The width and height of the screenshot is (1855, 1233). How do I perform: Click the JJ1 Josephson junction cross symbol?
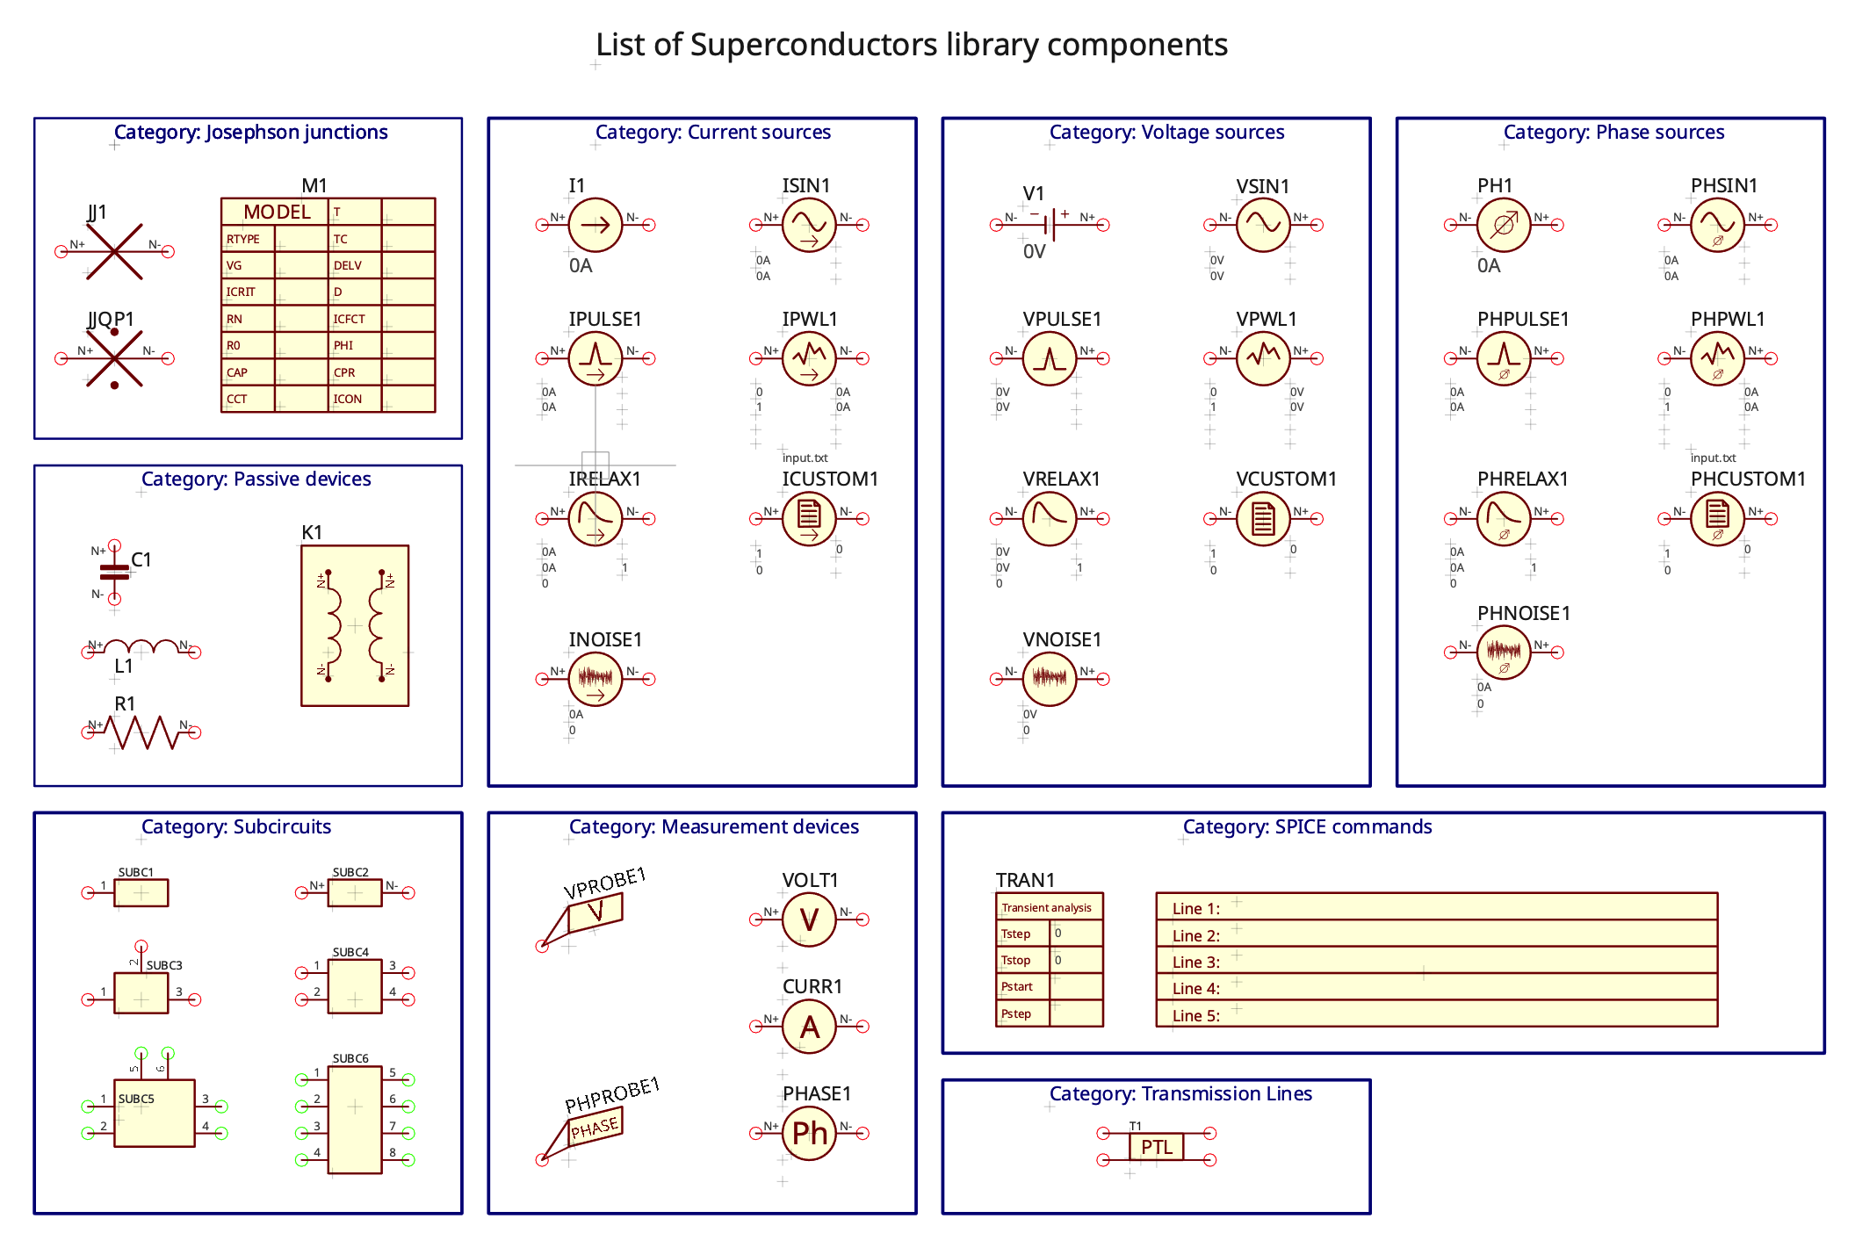114,251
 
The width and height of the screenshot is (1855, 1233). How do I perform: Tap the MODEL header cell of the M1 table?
276,212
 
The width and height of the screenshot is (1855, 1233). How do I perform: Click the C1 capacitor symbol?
114,573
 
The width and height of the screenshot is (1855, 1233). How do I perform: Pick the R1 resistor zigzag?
143,732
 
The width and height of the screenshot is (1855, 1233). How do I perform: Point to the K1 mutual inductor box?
355,625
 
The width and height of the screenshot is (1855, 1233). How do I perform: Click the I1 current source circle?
595,225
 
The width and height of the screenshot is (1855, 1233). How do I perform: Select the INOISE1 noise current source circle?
595,679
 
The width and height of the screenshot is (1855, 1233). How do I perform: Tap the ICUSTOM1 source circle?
808,518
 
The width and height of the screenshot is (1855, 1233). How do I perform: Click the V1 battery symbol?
1050,225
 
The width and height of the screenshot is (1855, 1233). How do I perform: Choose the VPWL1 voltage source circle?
1262,357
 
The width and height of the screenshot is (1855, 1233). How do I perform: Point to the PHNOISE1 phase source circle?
1503,652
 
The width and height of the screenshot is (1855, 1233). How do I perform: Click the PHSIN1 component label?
1723,185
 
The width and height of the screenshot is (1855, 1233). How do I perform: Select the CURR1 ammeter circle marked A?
808,1026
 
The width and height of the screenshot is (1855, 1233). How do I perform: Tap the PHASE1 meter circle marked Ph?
808,1133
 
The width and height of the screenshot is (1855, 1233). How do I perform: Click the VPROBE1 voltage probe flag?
595,912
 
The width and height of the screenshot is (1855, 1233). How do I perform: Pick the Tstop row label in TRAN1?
1016,960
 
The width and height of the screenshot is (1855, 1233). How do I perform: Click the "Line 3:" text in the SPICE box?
1195,962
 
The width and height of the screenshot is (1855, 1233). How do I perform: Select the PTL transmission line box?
1156,1147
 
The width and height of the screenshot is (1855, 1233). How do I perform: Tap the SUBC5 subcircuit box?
154,1113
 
